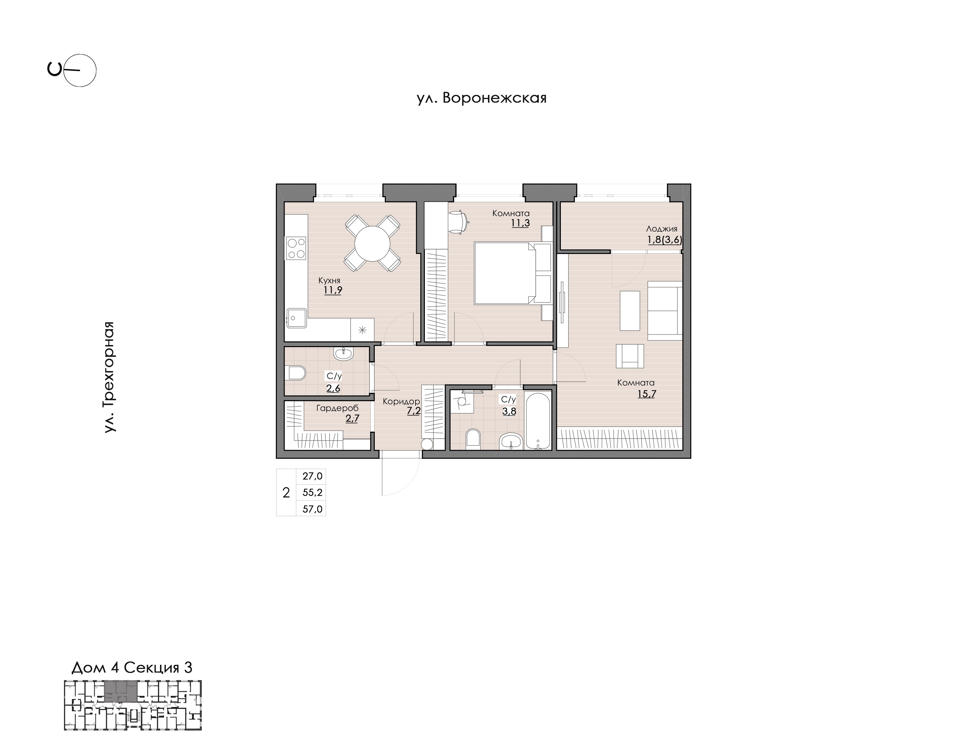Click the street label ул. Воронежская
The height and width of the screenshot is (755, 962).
[482, 98]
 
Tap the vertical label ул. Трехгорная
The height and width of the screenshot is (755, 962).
[110, 376]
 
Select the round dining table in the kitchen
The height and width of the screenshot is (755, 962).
[372, 243]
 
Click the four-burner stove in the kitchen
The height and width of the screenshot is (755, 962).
[296, 248]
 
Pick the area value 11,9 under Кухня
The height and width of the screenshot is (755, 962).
[333, 290]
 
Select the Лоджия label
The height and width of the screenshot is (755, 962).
[661, 229]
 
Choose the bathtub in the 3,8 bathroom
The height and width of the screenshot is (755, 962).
[538, 420]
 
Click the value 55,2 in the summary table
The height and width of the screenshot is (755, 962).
[312, 492]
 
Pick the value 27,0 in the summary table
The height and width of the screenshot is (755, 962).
[312, 476]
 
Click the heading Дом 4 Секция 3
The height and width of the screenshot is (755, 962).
[132, 667]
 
